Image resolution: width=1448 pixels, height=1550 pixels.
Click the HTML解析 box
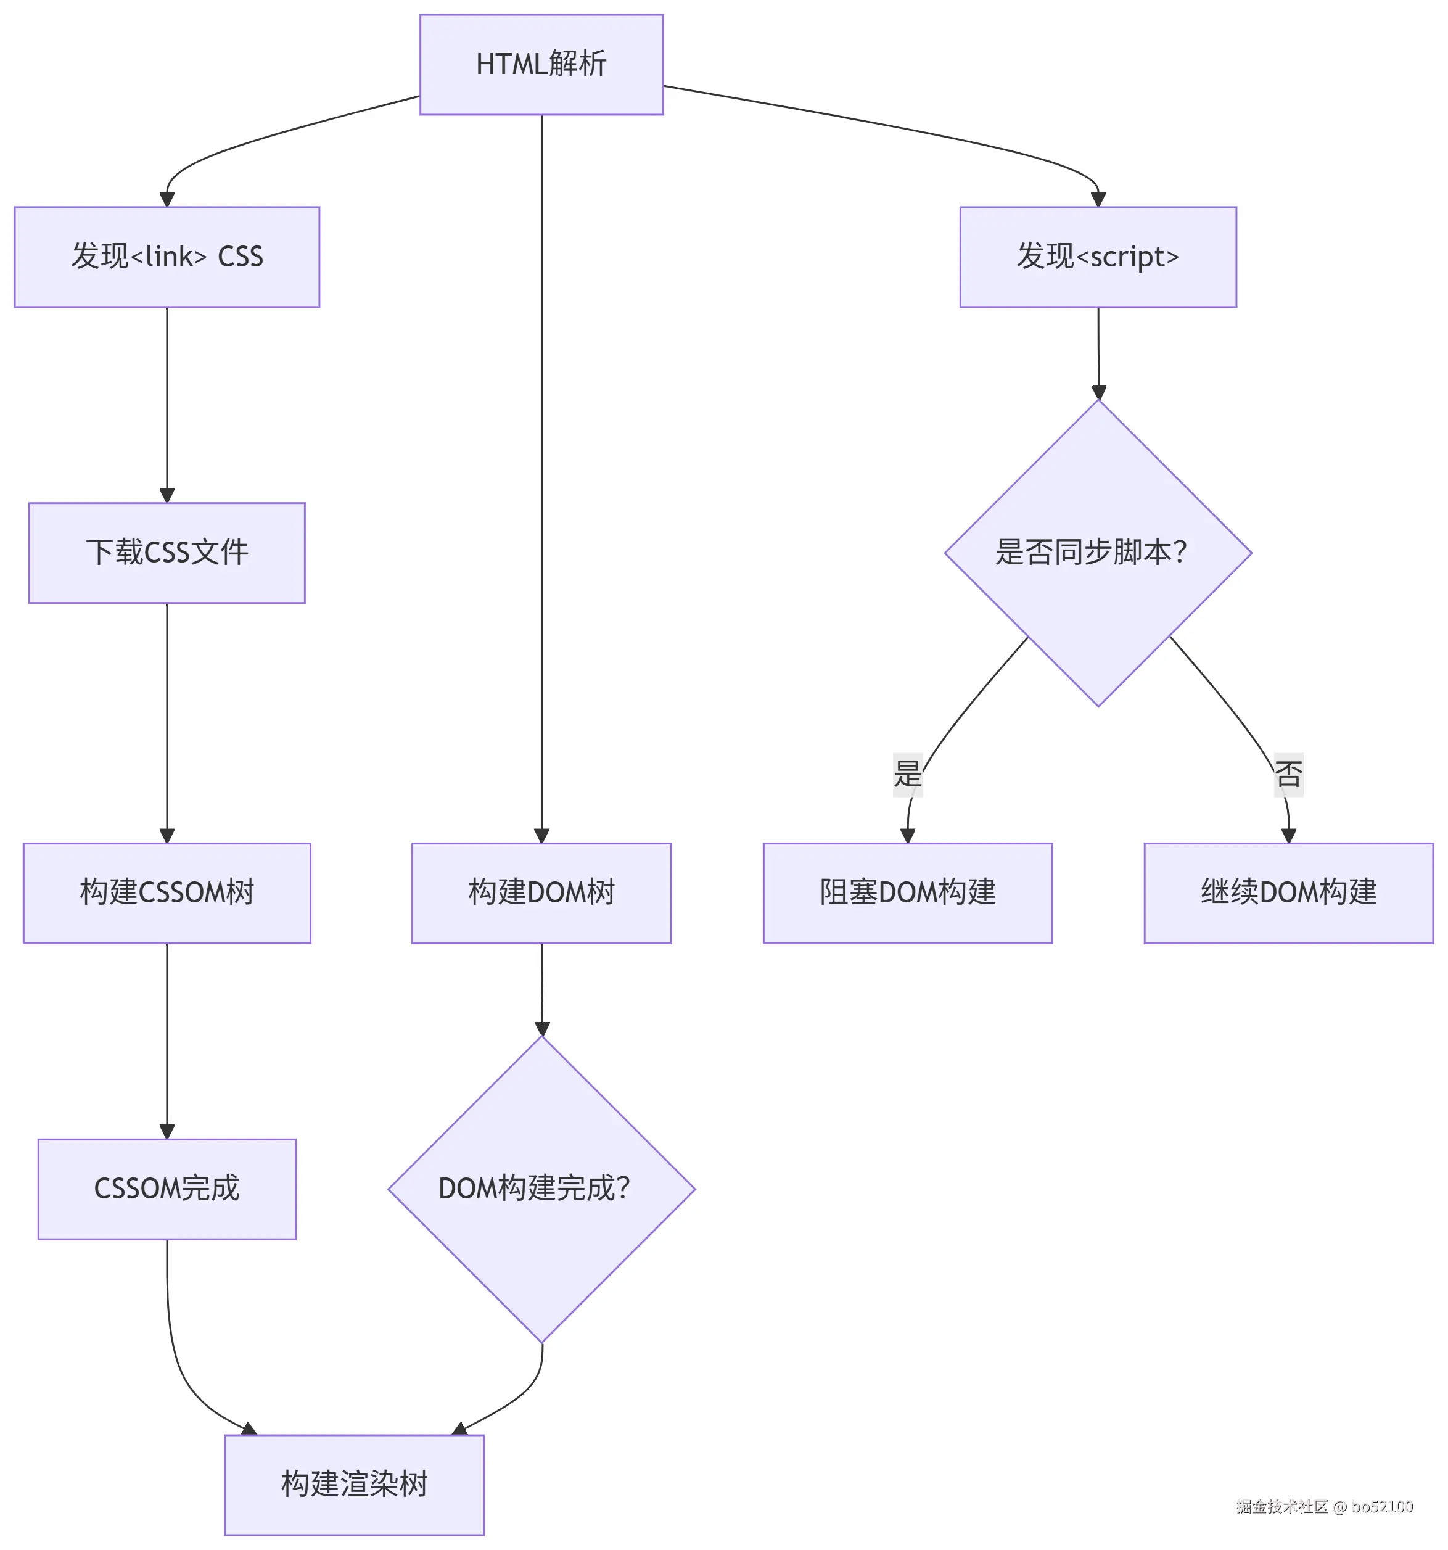coord(541,65)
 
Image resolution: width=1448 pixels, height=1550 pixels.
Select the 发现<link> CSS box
coord(167,257)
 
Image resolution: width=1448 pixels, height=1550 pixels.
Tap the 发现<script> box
coord(1097,257)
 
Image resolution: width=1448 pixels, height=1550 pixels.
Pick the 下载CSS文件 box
coord(167,552)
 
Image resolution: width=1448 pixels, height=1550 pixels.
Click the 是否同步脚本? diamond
coord(1097,552)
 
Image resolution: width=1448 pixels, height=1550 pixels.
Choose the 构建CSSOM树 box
coord(167,892)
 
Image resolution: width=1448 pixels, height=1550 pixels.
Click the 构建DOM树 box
coord(541,892)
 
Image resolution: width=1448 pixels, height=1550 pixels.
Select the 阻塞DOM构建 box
coord(907,892)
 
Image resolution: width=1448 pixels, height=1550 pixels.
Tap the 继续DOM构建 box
coord(1288,892)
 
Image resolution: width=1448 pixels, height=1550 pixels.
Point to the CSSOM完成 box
coord(167,1188)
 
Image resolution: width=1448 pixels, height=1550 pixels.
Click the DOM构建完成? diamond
coord(541,1188)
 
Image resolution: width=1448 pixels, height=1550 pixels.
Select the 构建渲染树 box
coord(354,1484)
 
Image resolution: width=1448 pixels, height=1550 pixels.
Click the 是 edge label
coord(907,773)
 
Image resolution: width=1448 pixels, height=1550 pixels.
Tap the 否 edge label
coord(1288,773)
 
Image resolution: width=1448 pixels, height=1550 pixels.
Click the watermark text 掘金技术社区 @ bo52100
coord(1324,1506)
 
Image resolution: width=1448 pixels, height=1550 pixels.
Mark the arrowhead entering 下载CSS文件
coord(167,495)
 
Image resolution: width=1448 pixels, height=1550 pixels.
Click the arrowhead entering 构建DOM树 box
coord(541,835)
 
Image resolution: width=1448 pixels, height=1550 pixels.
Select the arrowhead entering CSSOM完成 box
coord(167,1131)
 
